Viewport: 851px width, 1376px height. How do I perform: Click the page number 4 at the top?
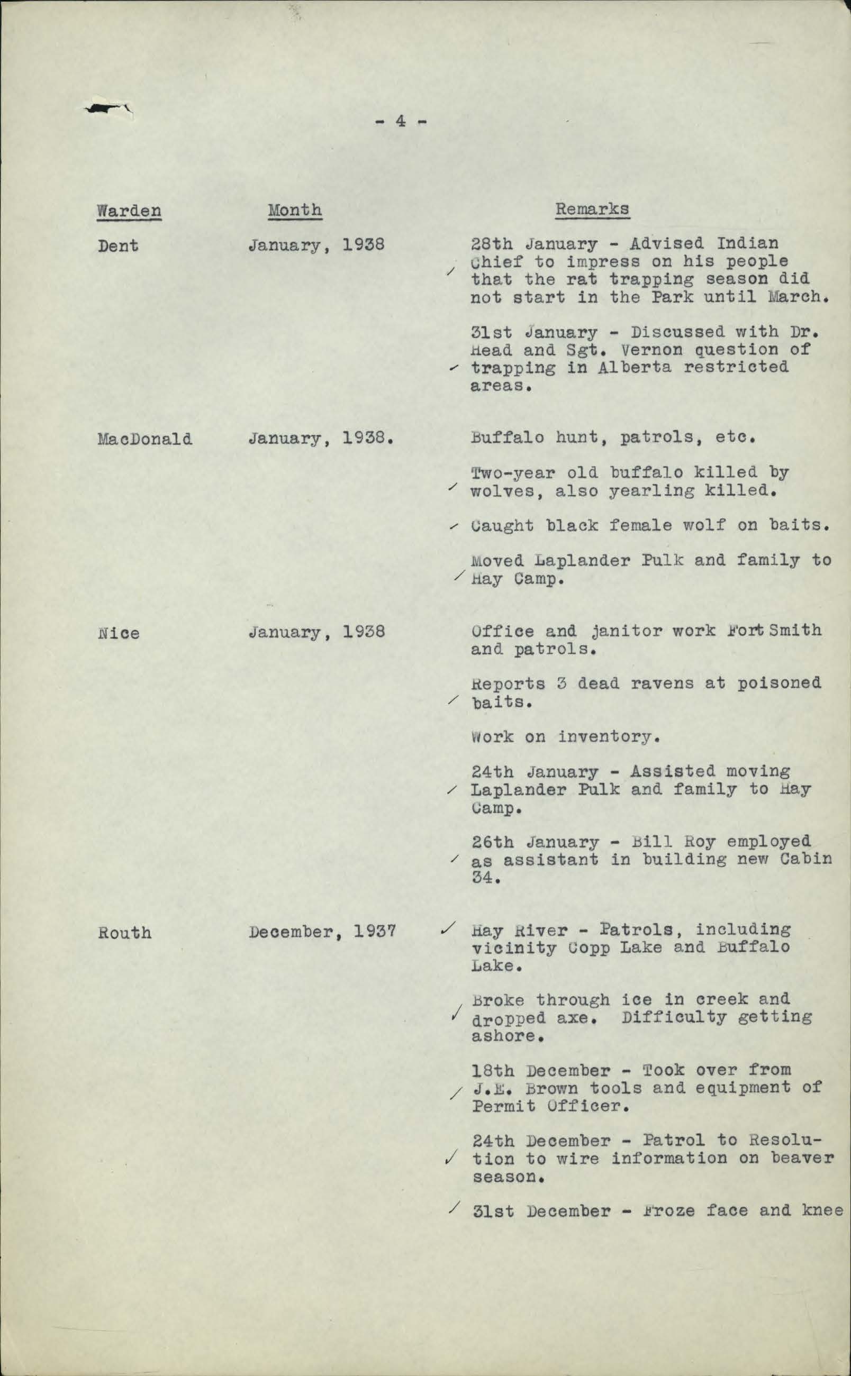click(400, 121)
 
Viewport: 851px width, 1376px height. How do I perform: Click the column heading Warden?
click(129, 211)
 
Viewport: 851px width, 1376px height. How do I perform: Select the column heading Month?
click(294, 210)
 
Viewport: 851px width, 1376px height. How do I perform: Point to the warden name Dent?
click(117, 246)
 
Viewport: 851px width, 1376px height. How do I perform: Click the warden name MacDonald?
click(144, 438)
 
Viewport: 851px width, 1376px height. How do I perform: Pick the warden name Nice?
click(118, 633)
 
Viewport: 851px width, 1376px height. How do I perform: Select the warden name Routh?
click(124, 932)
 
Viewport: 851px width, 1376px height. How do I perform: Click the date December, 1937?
click(322, 932)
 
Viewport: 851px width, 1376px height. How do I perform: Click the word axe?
click(575, 1018)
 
